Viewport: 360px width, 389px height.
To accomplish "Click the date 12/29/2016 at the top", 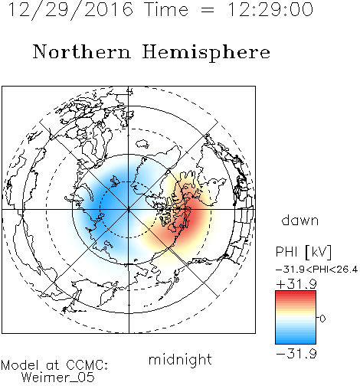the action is (x=70, y=10).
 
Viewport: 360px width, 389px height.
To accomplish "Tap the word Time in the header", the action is (x=166, y=9).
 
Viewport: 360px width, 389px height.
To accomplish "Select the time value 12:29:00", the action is (x=270, y=9).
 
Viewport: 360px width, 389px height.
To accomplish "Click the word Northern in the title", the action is (x=82, y=51).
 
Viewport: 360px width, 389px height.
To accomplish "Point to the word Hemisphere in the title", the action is (x=206, y=52).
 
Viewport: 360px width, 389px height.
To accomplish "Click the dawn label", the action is (x=300, y=220).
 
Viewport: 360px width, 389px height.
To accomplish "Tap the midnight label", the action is (x=180, y=359).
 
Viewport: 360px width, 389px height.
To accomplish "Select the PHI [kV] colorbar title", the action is (x=303, y=252).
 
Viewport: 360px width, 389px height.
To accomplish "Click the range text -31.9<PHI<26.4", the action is (x=316, y=270).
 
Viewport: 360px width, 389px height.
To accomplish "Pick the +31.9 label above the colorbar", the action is (x=296, y=284).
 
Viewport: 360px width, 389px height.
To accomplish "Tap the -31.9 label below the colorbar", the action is (x=296, y=354).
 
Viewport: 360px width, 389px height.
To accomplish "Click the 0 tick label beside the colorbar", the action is (x=322, y=319).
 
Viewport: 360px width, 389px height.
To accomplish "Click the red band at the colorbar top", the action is (x=296, y=294).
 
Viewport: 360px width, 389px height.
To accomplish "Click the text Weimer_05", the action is (x=58, y=377).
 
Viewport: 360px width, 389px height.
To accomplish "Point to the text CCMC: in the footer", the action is (x=87, y=365).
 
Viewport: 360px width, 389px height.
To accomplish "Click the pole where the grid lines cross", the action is (x=129, y=209).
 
